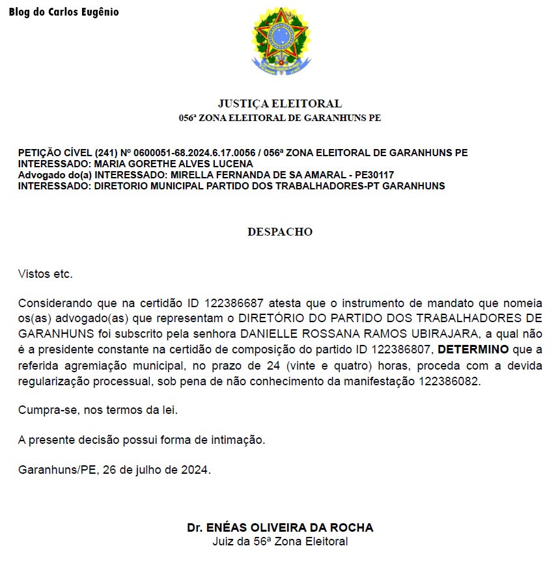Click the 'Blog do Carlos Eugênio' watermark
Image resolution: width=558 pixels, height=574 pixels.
click(64, 12)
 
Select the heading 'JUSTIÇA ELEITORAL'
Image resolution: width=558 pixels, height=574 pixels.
click(280, 103)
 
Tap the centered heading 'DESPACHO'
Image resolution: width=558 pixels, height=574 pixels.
click(280, 232)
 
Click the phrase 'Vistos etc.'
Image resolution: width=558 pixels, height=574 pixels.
click(46, 273)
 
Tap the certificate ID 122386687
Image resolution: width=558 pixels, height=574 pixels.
click(234, 303)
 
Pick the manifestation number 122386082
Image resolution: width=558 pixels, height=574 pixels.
click(446, 381)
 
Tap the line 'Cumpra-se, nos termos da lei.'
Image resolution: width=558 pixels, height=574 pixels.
click(98, 411)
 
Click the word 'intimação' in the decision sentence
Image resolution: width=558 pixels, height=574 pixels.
click(236, 440)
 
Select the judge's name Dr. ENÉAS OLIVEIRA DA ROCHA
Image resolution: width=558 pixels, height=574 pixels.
click(280, 528)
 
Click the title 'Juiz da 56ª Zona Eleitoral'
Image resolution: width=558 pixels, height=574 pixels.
click(280, 541)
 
